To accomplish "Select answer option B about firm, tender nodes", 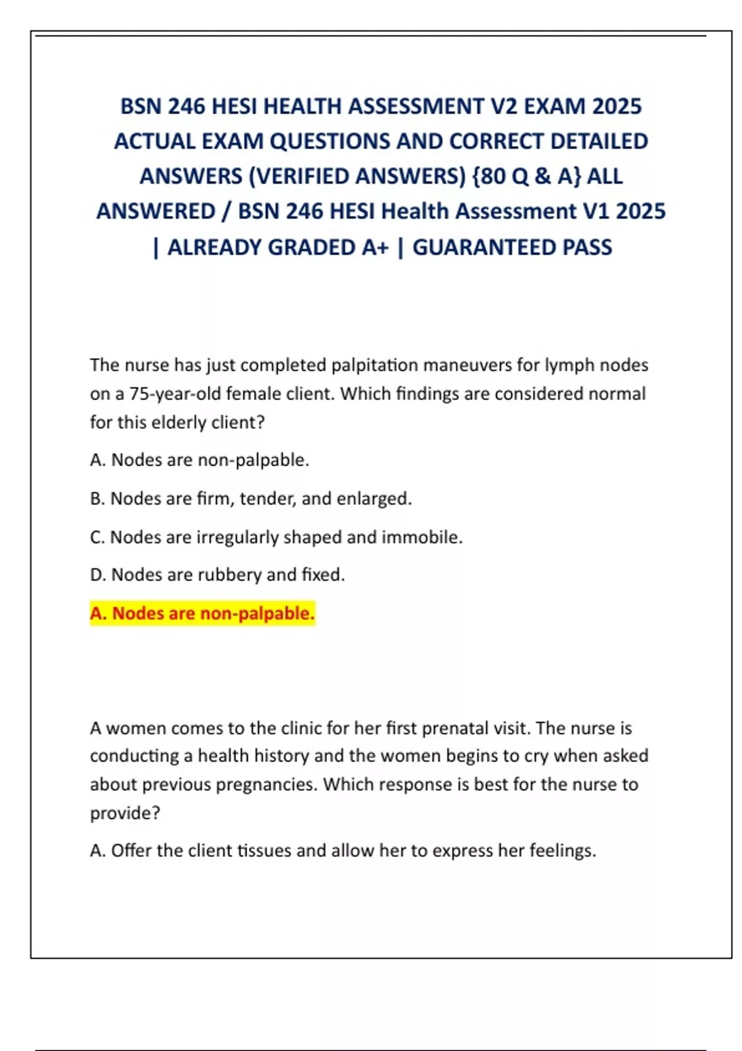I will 250,498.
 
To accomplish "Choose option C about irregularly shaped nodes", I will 276,537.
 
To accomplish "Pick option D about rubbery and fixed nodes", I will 217,575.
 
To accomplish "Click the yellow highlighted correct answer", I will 202,613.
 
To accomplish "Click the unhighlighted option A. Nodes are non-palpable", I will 199,460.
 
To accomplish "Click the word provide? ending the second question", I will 125,813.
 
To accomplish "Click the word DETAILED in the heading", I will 599,142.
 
